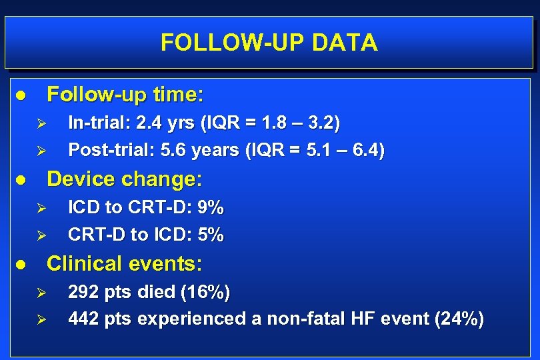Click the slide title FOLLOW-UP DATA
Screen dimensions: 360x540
coord(269,43)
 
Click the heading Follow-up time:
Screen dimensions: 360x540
coord(125,95)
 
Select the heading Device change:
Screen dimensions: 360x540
coord(125,179)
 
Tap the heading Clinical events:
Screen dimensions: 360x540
coord(125,264)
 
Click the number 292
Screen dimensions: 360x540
coord(83,292)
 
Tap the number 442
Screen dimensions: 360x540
coord(83,319)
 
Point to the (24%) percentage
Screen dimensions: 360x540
coord(459,319)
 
